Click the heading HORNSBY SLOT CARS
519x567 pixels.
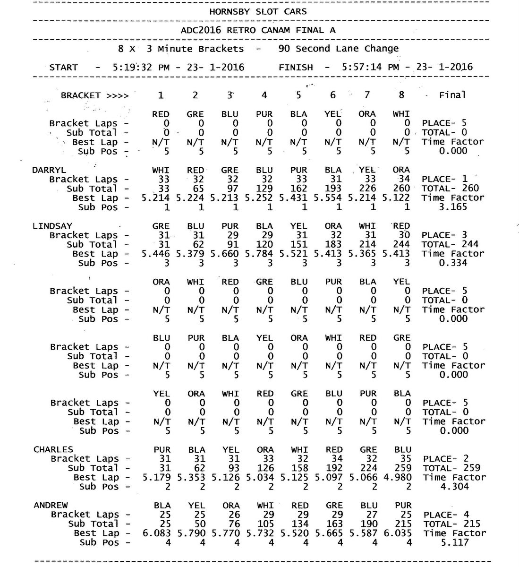(258, 11)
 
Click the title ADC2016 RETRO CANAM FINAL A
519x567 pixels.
(259, 30)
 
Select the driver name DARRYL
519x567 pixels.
(49, 170)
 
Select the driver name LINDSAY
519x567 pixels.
(52, 226)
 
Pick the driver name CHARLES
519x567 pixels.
(53, 449)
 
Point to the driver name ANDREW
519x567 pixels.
(51, 505)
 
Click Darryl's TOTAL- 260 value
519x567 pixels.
(451, 188)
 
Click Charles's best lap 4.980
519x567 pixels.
(402, 477)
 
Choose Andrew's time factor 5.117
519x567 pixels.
(452, 542)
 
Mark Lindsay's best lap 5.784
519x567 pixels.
(264, 254)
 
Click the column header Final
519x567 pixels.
(452, 95)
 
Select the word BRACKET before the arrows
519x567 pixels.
(80, 95)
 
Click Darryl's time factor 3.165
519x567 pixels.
(452, 207)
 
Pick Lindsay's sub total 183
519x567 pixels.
(333, 244)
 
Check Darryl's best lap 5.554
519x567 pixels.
(333, 198)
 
